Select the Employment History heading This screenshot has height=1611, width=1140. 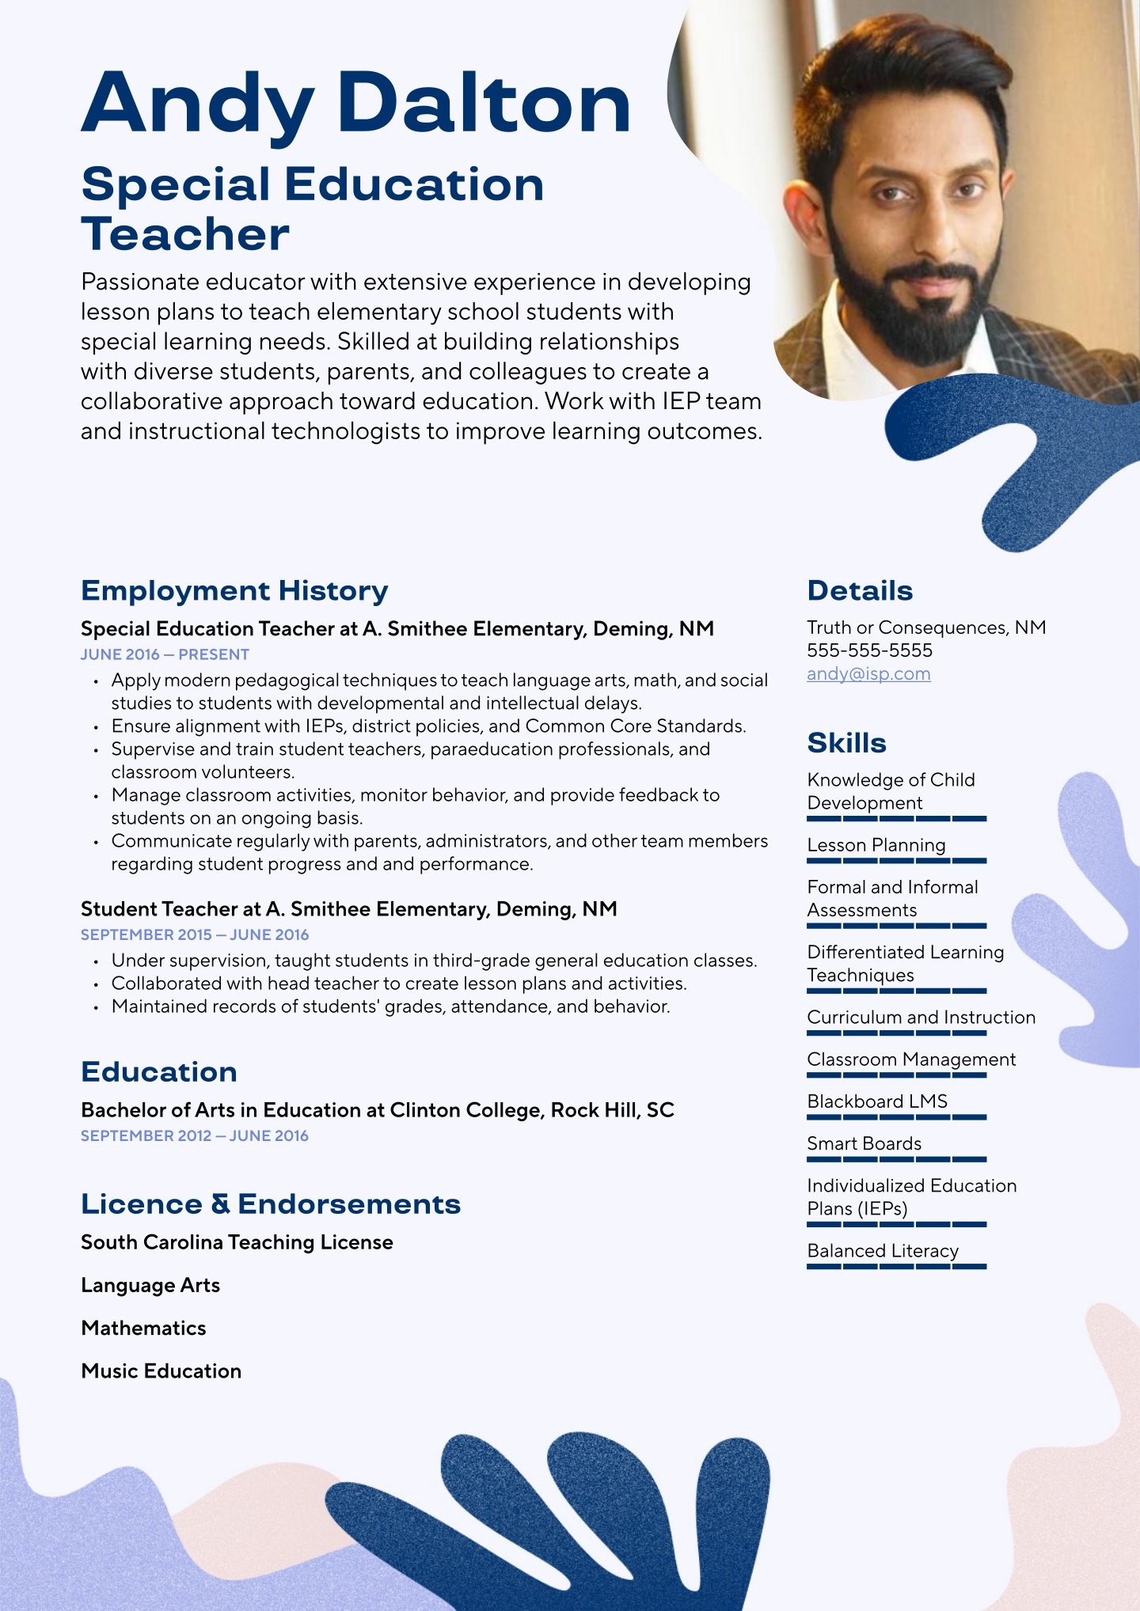pyautogui.click(x=234, y=591)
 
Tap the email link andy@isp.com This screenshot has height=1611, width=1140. pyautogui.click(x=868, y=674)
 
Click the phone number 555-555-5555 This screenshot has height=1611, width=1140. pyautogui.click(x=869, y=650)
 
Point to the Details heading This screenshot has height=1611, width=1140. pyautogui.click(x=860, y=591)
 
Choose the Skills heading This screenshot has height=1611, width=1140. pyautogui.click(x=846, y=743)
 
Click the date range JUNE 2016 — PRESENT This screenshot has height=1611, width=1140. pyautogui.click(x=165, y=654)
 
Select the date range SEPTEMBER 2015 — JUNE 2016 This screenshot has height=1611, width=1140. pyautogui.click(x=195, y=934)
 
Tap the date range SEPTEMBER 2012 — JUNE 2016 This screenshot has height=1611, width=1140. pyautogui.click(x=195, y=1135)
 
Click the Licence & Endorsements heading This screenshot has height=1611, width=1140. pyautogui.click(x=271, y=1204)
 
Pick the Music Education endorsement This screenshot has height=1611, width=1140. pyautogui.click(x=161, y=1371)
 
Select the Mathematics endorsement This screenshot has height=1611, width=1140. pyautogui.click(x=143, y=1329)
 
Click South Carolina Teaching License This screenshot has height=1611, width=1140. pyautogui.click(x=237, y=1242)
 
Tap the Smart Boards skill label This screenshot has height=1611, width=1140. pyautogui.click(x=864, y=1143)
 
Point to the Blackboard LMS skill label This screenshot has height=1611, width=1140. pyautogui.click(x=877, y=1101)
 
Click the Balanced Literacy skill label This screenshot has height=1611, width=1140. pyautogui.click(x=883, y=1251)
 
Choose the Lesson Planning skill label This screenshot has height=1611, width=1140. pyautogui.click(x=876, y=845)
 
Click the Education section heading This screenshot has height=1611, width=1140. pyautogui.click(x=159, y=1072)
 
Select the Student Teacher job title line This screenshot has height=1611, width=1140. pyautogui.click(x=349, y=909)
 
